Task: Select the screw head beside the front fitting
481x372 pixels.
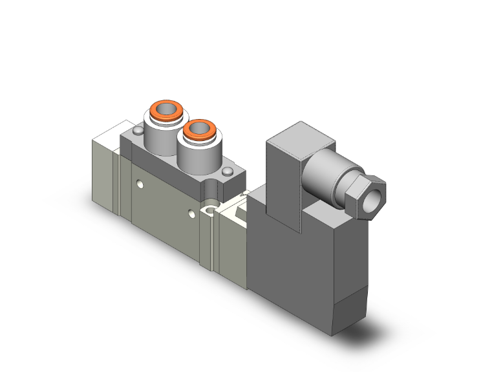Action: click(228, 171)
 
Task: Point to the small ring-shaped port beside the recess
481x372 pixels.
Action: click(208, 209)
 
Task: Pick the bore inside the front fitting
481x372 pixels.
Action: click(198, 128)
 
